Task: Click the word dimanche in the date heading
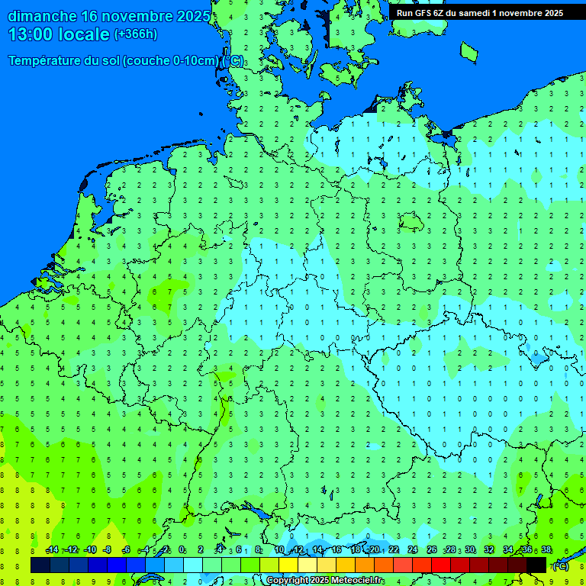[41, 16]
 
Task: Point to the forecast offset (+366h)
[136, 34]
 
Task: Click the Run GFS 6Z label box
[480, 13]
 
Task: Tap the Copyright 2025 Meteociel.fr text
[325, 580]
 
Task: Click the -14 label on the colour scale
[52, 550]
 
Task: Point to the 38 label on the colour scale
[546, 550]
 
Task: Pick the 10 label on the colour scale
[279, 550]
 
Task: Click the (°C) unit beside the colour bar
[561, 565]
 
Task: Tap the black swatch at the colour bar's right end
[536, 565]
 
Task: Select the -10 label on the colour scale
[89, 550]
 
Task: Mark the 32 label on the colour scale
[489, 550]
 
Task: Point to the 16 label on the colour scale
[336, 550]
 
